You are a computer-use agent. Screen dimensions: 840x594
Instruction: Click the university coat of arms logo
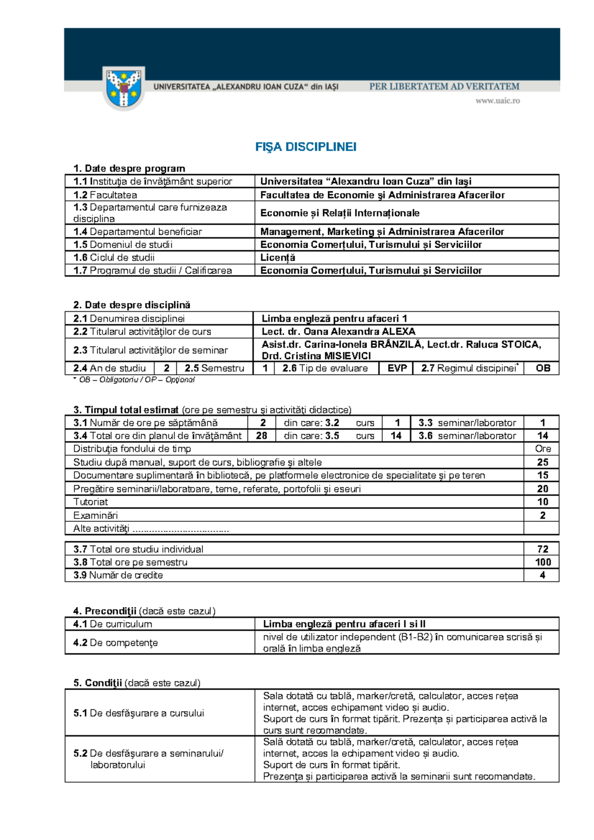coord(124,89)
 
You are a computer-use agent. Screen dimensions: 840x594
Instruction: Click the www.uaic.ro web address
coord(497,101)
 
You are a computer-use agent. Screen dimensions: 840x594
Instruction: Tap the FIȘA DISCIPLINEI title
coord(305,147)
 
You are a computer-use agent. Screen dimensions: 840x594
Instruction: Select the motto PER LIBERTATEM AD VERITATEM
coord(444,87)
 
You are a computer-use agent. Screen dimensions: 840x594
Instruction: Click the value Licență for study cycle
coord(278,258)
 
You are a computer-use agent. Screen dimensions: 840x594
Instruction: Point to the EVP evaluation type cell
coord(397,369)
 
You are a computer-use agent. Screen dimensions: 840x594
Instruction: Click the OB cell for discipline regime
coord(543,369)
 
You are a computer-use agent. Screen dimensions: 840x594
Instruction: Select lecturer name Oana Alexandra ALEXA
coord(338,331)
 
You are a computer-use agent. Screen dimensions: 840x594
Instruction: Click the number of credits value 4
coord(543,575)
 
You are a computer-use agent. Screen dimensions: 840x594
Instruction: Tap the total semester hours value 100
coord(543,562)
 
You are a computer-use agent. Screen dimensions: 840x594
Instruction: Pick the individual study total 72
coord(543,549)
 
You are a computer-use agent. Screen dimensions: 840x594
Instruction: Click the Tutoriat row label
coord(91,502)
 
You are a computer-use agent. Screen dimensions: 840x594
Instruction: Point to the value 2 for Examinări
coord(543,515)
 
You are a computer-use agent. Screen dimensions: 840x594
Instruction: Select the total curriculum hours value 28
coord(261,436)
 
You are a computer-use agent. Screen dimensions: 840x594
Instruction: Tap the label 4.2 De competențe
coord(115,643)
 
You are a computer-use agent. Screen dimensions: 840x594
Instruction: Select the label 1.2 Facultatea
coord(105,195)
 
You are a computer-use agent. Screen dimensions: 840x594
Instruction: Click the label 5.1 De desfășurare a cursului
coord(139,713)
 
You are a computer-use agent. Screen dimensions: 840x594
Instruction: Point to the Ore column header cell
coord(543,449)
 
